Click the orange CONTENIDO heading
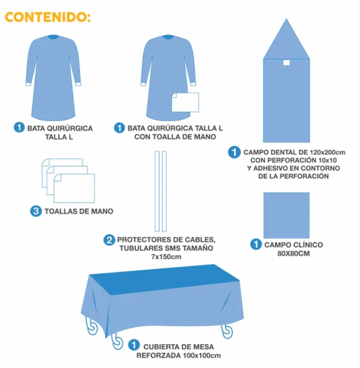(47, 17)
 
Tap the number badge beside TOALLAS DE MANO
(36, 211)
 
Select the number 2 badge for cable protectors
(109, 240)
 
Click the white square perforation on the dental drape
(287, 62)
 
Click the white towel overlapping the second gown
(185, 102)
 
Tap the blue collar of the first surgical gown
(54, 37)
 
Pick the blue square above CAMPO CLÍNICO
(287, 215)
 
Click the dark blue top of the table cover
(164, 279)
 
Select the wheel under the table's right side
(227, 331)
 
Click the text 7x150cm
(166, 256)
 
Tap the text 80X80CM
(294, 253)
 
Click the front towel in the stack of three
(74, 188)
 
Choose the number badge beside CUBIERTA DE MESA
(134, 345)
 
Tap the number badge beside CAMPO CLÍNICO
(256, 244)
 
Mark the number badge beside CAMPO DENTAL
(234, 152)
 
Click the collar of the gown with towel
(168, 37)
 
